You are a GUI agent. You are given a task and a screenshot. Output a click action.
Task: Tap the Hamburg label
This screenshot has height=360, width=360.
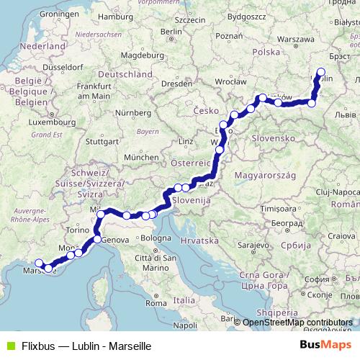click(x=120, y=16)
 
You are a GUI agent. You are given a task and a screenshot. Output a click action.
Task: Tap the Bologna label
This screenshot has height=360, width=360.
click(x=156, y=238)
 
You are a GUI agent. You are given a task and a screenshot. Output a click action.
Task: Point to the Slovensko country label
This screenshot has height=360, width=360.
click(x=270, y=138)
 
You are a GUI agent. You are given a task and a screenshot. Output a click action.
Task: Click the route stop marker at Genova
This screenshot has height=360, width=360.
click(x=97, y=239)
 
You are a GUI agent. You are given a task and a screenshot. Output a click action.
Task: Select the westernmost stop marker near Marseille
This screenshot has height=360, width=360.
click(x=39, y=263)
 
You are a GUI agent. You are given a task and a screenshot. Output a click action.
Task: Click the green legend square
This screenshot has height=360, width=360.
click(x=9, y=346)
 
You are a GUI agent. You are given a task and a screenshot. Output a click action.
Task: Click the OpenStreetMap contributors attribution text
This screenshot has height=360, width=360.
click(x=298, y=323)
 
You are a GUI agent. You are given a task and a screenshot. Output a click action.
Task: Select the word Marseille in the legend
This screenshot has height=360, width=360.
click(x=127, y=346)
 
